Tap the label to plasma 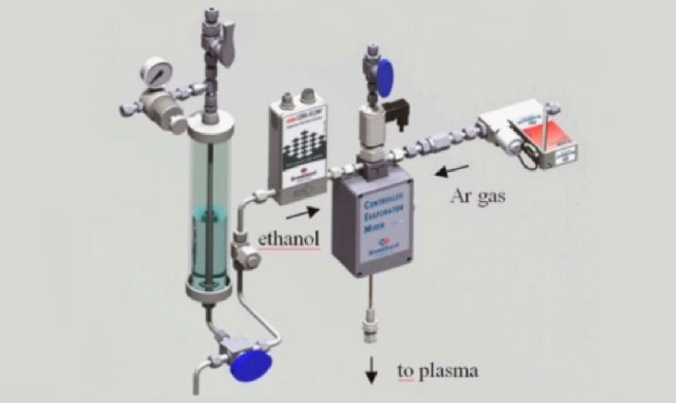point(437,370)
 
